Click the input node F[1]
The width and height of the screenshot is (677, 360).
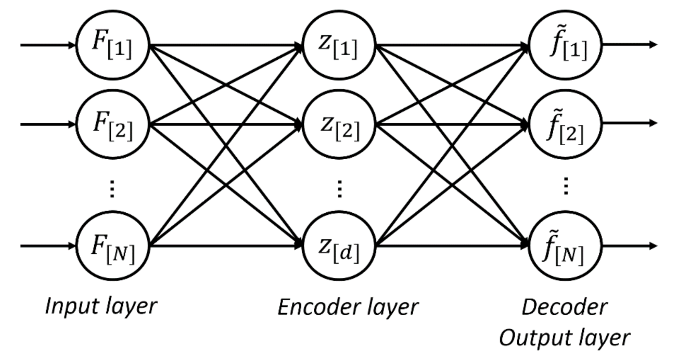pos(113,45)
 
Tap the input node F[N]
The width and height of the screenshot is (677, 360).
pos(113,245)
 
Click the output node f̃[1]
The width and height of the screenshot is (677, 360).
pos(565,45)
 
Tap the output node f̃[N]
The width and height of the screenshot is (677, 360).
pos(565,245)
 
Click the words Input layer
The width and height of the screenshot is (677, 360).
pos(100,306)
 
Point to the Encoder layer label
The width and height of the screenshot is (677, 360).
pos(348,307)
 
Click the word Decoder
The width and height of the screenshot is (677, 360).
pos(565,306)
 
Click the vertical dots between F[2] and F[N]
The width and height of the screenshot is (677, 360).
pos(113,188)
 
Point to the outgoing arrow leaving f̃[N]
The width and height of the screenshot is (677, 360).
pos(630,245)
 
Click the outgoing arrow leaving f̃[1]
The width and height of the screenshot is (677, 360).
pos(630,45)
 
